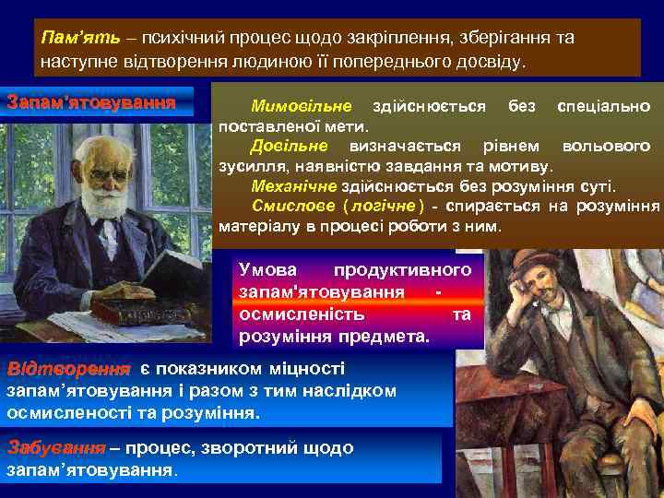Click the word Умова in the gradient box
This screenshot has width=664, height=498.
click(x=268, y=270)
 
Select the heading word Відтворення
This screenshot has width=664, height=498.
click(x=68, y=369)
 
